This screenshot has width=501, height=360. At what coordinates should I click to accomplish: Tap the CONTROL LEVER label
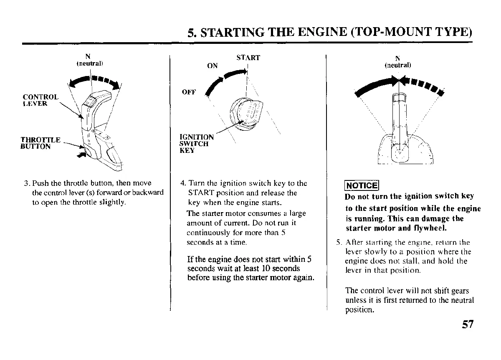point(40,101)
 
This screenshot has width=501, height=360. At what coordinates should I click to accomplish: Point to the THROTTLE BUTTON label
point(41,143)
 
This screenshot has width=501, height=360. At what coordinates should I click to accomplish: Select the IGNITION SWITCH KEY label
point(196,144)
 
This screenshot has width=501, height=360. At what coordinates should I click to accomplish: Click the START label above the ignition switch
point(248,58)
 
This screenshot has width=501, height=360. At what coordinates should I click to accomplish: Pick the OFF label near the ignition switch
point(189,92)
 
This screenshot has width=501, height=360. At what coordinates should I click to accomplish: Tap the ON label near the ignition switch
point(213,66)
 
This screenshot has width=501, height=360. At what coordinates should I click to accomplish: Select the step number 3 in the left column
point(26,183)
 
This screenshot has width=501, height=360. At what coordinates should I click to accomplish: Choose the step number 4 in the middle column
point(183,183)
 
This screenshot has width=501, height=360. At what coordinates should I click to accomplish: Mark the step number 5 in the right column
point(339,242)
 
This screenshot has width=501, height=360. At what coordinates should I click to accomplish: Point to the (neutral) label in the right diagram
point(397,65)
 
